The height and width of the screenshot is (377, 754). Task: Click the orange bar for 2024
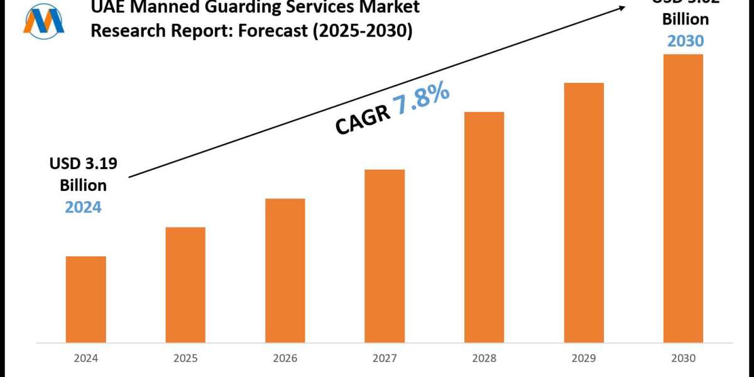85,300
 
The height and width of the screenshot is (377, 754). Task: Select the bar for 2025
185,285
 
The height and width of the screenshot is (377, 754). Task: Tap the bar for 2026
285,271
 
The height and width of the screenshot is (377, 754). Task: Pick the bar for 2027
385,256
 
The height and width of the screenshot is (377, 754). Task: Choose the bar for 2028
484,227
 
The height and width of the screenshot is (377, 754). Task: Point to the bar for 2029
584,213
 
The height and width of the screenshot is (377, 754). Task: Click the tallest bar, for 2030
683,199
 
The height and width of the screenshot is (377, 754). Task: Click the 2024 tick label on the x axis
85,359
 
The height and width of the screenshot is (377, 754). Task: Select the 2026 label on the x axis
285,359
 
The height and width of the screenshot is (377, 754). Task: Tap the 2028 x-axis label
484,359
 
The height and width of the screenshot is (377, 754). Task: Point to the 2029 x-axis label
584,359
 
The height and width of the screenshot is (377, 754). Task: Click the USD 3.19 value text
84,165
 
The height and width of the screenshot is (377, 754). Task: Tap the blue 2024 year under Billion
83,206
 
